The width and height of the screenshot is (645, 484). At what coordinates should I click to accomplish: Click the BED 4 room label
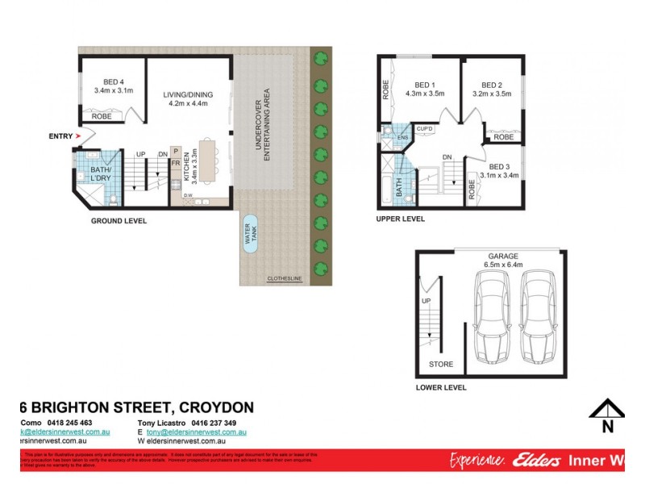113,81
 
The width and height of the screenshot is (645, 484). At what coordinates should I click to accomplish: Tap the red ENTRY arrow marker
78,136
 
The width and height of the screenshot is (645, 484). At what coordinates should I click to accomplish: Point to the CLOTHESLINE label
285,279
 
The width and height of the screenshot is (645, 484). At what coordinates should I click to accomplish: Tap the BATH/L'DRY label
100,174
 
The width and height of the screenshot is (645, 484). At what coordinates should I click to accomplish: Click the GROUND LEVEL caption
119,220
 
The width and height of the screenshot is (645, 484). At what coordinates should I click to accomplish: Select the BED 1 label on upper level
425,85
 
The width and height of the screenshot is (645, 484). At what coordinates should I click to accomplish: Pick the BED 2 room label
492,85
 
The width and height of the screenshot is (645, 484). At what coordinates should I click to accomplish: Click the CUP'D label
425,129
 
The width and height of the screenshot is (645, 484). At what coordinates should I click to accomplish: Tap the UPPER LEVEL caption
400,219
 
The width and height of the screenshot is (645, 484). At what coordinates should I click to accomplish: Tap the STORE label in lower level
441,364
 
